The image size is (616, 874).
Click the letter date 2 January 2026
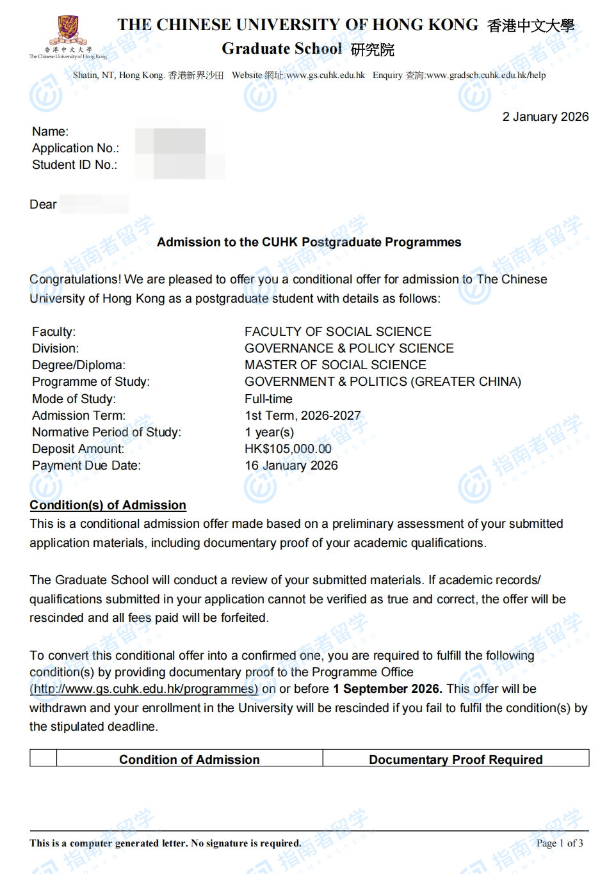coord(545,117)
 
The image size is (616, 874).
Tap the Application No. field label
coord(76,148)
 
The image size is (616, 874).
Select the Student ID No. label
coord(74,165)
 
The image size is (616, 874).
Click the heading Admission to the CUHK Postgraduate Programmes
coord(309,242)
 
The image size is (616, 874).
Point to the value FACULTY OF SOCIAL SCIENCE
coord(337,332)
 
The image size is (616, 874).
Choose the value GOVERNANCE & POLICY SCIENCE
coord(349,349)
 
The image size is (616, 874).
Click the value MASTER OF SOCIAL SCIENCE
coord(335,365)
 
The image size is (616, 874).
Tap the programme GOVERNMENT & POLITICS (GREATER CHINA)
coord(382,382)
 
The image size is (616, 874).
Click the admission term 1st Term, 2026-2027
coord(302,416)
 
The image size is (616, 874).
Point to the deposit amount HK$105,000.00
coord(288,449)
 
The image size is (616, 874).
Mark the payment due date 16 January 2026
coord(291,466)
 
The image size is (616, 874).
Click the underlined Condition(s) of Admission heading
coord(108,505)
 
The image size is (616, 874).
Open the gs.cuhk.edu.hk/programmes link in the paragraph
coord(144,689)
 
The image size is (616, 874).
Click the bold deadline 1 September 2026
coord(387,689)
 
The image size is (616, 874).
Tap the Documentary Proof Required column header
coord(455,759)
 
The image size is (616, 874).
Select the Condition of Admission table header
coord(189,759)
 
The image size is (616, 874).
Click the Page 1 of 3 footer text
coord(559,843)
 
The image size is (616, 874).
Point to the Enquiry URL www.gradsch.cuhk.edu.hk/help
coord(486,75)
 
